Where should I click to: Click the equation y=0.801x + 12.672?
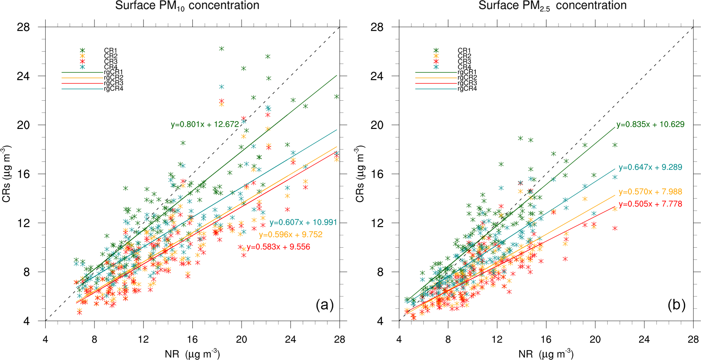(205, 124)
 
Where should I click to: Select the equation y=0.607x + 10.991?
(303, 223)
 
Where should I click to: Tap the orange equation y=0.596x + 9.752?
(291, 235)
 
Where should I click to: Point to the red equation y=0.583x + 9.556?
(278, 247)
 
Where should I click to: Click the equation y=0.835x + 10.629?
(650, 124)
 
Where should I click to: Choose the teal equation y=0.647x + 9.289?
(650, 167)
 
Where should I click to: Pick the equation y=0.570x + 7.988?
(650, 192)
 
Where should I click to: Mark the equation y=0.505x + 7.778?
(650, 204)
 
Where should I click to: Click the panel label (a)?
(325, 305)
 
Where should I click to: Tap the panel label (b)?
(676, 305)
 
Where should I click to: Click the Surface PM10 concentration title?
(187, 6)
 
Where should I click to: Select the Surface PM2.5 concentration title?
(552, 6)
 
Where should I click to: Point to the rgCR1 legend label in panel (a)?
(113, 72)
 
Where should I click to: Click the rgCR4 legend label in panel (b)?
(467, 89)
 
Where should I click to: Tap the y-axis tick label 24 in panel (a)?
(23, 76)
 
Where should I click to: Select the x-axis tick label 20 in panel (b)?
(595, 340)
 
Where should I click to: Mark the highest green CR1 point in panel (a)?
(222, 49)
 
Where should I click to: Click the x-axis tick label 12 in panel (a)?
(143, 340)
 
